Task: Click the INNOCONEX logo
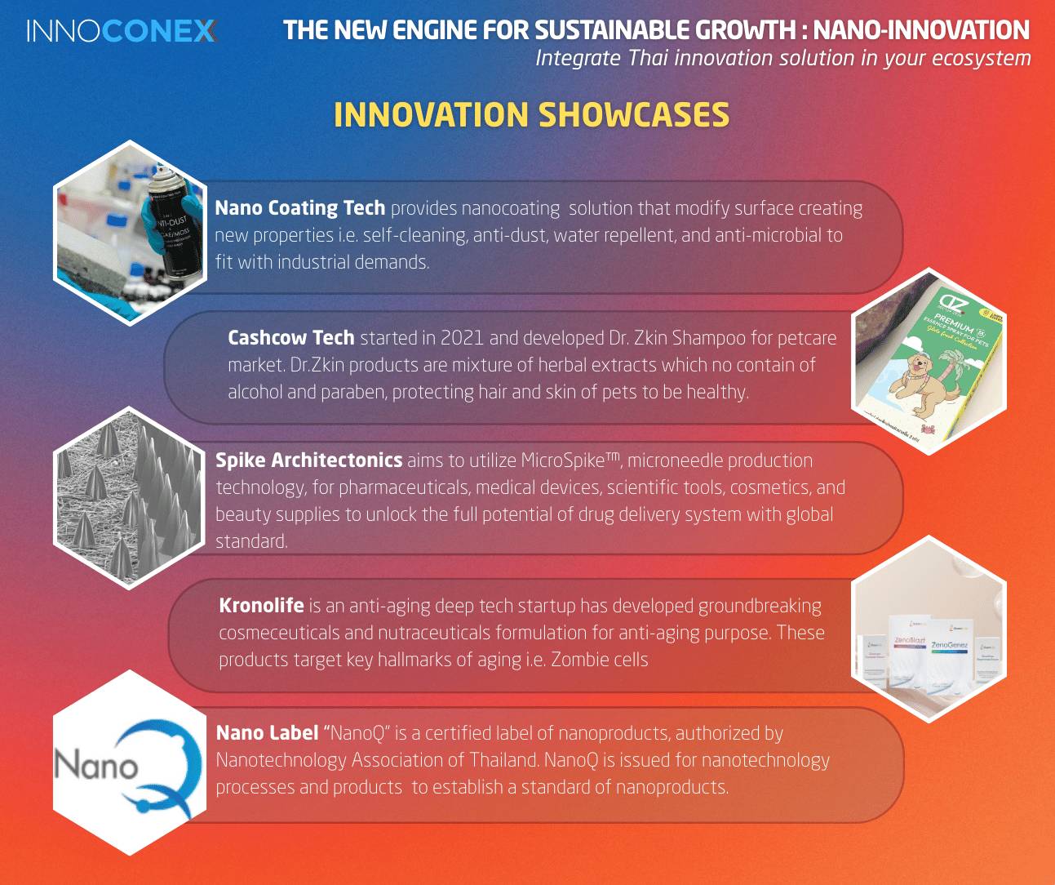[122, 31]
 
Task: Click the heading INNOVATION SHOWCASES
[531, 114]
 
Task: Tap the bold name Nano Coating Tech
[300, 208]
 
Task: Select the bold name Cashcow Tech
[291, 337]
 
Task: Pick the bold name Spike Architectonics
[308, 460]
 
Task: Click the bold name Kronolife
[261, 605]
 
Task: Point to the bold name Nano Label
[267, 733]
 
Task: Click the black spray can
[175, 228]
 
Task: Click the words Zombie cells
[599, 660]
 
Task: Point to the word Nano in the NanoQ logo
[96, 764]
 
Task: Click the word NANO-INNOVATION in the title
[921, 30]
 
